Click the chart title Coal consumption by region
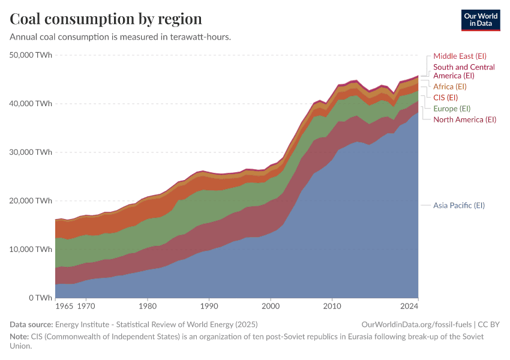click(x=106, y=19)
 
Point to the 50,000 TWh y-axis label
click(x=31, y=55)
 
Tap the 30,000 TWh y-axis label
click(x=31, y=152)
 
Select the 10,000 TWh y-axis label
click(x=31, y=249)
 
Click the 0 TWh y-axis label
click(x=40, y=298)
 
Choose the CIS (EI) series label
click(x=445, y=97)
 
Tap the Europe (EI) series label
click(x=452, y=109)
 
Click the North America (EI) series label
click(x=464, y=119)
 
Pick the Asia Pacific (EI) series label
click(x=458, y=205)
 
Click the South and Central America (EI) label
click(x=463, y=71)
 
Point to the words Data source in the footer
click(x=29, y=324)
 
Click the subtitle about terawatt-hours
click(x=120, y=37)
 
